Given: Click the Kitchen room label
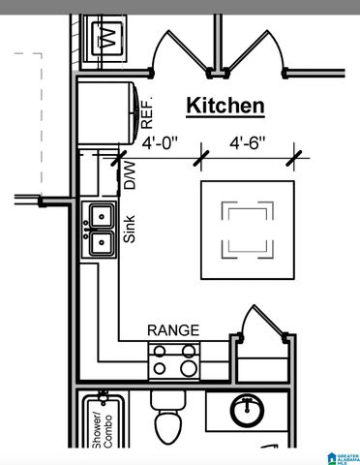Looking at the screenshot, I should coord(225,105).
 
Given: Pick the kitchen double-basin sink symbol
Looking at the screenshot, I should coord(100,230).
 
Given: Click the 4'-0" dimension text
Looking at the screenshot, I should coord(162,142).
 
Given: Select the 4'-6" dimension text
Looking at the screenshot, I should coord(248,142).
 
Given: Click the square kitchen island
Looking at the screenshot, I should coord(248,229).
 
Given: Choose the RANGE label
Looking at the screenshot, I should coord(173,331).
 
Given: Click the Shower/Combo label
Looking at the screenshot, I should coord(99,426).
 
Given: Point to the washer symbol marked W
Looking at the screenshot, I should coord(105,40).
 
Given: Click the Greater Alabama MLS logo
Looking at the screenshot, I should coord(343,455).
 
